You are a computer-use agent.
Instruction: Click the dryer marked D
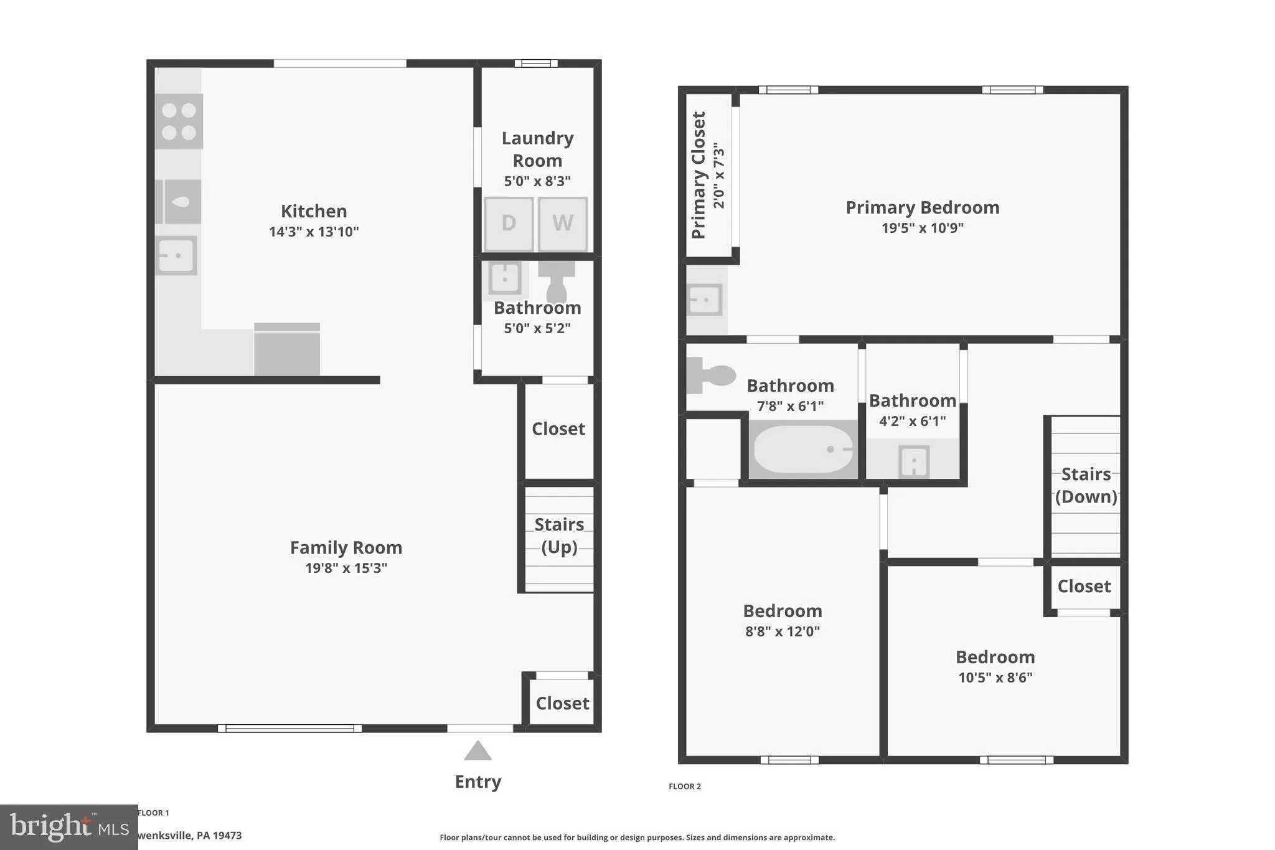click(x=509, y=223)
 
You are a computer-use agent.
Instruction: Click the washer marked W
click(x=562, y=223)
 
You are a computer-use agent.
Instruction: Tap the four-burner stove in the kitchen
click(x=179, y=121)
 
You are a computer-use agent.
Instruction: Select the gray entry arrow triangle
click(x=478, y=751)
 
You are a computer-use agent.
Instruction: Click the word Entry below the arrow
click(x=478, y=782)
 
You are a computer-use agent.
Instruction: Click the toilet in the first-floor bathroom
click(x=557, y=281)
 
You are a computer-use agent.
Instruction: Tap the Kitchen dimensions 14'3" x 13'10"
click(x=314, y=232)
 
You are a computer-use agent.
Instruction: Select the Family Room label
click(x=346, y=547)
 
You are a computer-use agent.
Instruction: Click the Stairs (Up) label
click(x=559, y=536)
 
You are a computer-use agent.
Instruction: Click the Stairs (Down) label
click(x=1086, y=485)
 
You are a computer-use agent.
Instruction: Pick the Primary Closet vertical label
click(x=699, y=175)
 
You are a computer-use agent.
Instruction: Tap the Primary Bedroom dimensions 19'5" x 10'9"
click(x=922, y=228)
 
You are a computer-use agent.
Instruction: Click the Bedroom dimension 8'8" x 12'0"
click(x=783, y=631)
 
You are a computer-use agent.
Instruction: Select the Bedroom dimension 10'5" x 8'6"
click(x=995, y=678)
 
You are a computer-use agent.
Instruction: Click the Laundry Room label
click(x=537, y=149)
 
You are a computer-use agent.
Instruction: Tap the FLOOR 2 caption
click(x=684, y=786)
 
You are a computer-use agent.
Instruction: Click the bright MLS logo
click(x=68, y=827)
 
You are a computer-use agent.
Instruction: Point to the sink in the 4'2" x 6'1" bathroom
click(x=913, y=461)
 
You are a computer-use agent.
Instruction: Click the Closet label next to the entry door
click(x=562, y=703)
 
